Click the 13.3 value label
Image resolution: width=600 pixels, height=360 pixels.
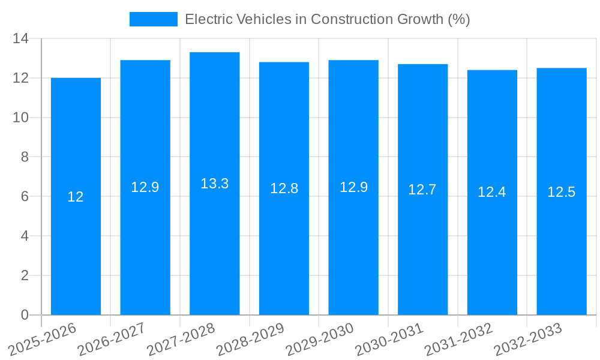coord(215,184)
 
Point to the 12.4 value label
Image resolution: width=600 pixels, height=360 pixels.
coord(492,192)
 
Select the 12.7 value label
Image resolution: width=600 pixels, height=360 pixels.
coord(422,190)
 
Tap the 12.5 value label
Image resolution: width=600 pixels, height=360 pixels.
coord(562,192)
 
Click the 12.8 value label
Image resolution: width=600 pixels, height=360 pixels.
coord(284,188)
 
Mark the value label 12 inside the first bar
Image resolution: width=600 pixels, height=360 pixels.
coord(76,197)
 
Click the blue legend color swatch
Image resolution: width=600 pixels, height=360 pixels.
coord(154,19)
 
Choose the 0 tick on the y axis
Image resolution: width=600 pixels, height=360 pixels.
coord(25,315)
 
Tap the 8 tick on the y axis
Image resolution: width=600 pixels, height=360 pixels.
coord(25,157)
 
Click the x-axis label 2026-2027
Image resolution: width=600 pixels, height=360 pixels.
coord(111,340)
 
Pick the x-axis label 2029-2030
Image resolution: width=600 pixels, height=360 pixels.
coord(319,340)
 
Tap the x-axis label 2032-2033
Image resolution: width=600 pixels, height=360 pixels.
coord(527,340)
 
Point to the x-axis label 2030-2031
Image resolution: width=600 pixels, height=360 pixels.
coord(389,340)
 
